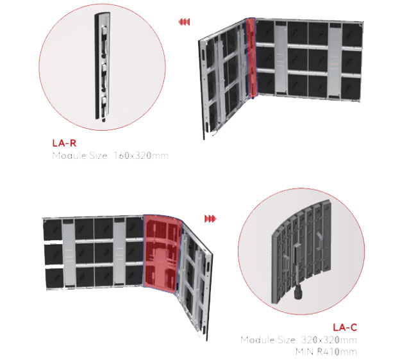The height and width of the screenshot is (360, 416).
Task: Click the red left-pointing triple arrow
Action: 184,22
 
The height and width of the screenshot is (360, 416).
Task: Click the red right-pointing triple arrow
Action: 210,219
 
